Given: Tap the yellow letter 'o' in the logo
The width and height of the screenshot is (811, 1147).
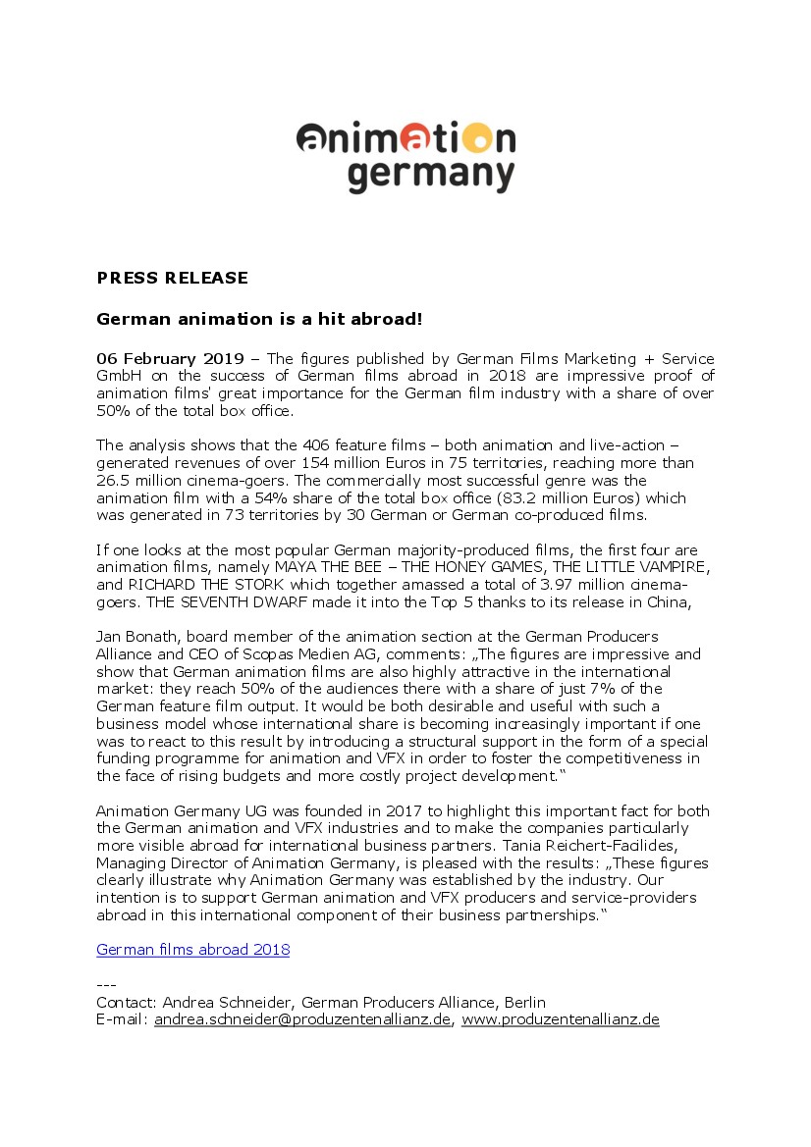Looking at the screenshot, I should (x=474, y=136).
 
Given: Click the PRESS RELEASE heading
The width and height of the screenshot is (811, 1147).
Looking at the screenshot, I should (x=172, y=278).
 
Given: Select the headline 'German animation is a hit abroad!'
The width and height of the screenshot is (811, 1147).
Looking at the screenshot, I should (x=259, y=319).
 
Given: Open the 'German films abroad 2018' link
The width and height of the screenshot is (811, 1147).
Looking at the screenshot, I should (x=192, y=950).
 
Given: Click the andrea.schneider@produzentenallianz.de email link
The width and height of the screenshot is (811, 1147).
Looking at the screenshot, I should (x=303, y=1020).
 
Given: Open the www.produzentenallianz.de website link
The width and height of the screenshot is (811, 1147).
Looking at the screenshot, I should (x=560, y=1020).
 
